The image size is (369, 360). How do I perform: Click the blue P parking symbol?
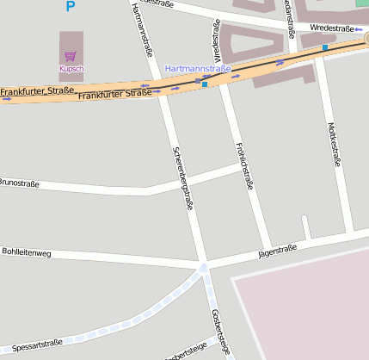[71, 7]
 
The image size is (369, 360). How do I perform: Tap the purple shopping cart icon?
[71, 56]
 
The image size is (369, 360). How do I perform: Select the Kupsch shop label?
[71, 69]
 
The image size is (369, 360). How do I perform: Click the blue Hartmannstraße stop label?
[198, 68]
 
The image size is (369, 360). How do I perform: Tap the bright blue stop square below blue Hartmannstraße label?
[205, 84]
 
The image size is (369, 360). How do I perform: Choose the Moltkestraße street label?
[335, 143]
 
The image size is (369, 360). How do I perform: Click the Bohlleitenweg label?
[27, 253]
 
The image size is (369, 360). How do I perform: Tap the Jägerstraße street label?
[277, 251]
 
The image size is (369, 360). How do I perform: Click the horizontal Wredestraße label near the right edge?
[332, 28]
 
